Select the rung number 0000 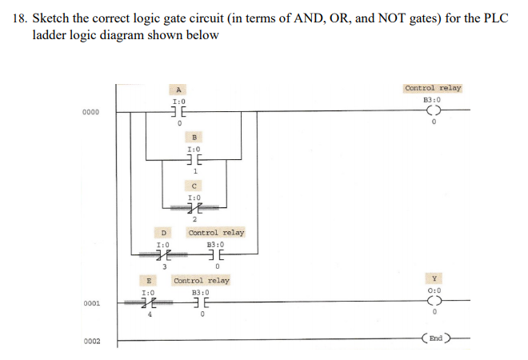[x=90, y=113]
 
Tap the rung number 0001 [x=90, y=304]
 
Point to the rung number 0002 [x=90, y=342]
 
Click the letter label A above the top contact [x=180, y=89]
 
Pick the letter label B [x=193, y=137]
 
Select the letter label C [x=193, y=185]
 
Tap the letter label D [x=162, y=233]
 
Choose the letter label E [x=148, y=281]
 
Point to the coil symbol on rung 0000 [x=433, y=113]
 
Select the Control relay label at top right [x=433, y=89]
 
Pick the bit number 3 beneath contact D [x=164, y=267]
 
